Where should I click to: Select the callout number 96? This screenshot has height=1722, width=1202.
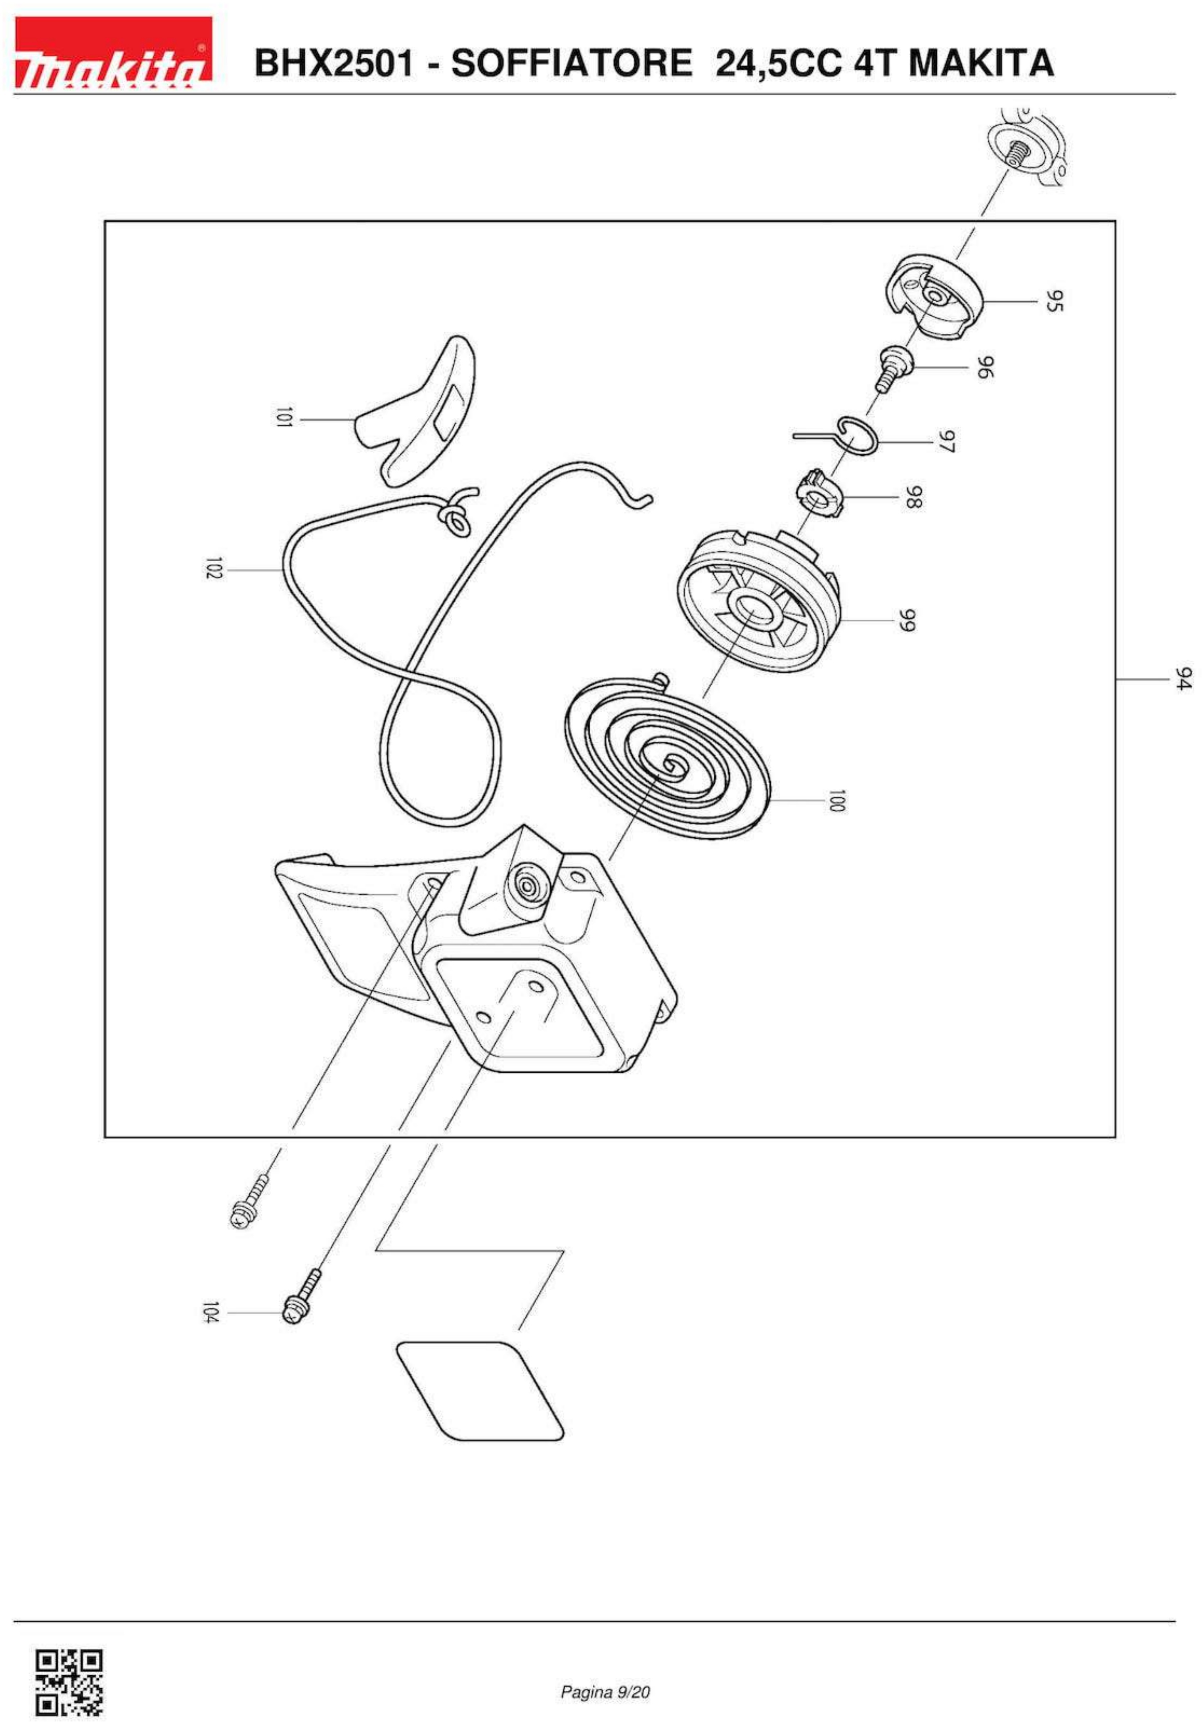(985, 367)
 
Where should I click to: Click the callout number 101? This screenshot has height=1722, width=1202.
(283, 419)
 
